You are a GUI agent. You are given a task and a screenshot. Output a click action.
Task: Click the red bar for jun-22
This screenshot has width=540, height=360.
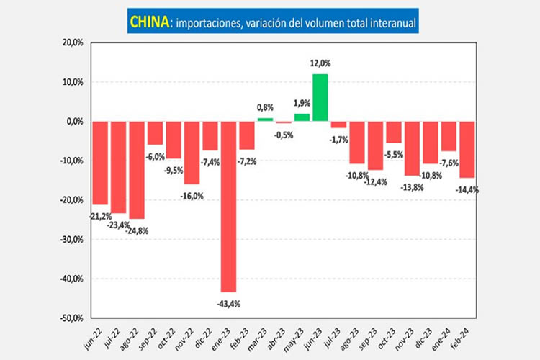coord(100,163)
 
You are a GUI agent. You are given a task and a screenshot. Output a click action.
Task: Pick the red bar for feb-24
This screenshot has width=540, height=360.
coord(467,149)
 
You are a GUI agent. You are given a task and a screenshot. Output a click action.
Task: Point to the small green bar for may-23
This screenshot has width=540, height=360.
coord(302,117)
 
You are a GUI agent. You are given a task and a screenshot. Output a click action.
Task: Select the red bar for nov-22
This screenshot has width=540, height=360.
coord(192,153)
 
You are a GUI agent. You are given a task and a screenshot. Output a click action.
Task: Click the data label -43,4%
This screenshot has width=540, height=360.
coord(228,304)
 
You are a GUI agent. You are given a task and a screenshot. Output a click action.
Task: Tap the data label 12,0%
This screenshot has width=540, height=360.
coord(320,64)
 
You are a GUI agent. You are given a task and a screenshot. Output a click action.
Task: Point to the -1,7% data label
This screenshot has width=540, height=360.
coord(340,139)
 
